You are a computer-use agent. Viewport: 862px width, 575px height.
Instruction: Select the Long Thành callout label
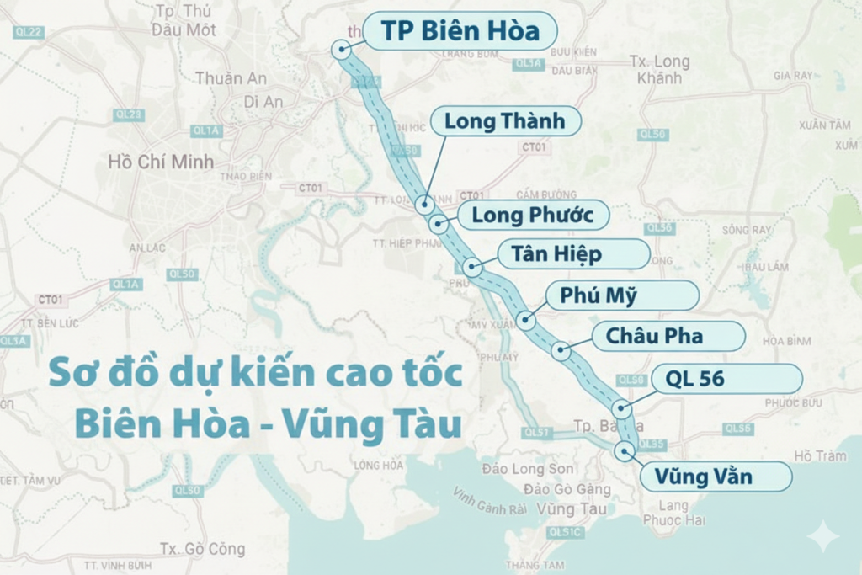(x=504, y=121)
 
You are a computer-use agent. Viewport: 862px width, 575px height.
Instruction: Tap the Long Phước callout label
(x=532, y=215)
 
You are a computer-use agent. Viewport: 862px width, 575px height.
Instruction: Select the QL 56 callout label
(x=694, y=379)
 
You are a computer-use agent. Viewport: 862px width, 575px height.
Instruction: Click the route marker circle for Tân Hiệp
(x=472, y=268)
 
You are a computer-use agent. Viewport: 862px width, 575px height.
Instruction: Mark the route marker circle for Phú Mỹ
(x=526, y=320)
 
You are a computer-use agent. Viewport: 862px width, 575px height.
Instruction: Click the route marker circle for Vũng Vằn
(x=624, y=451)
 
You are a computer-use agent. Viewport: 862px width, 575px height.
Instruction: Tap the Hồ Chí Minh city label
(x=161, y=162)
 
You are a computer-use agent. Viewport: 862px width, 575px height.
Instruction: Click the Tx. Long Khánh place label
(x=660, y=70)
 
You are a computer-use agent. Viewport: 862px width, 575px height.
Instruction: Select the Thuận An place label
(x=231, y=78)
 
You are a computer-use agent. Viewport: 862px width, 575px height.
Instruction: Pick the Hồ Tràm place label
(x=820, y=456)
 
